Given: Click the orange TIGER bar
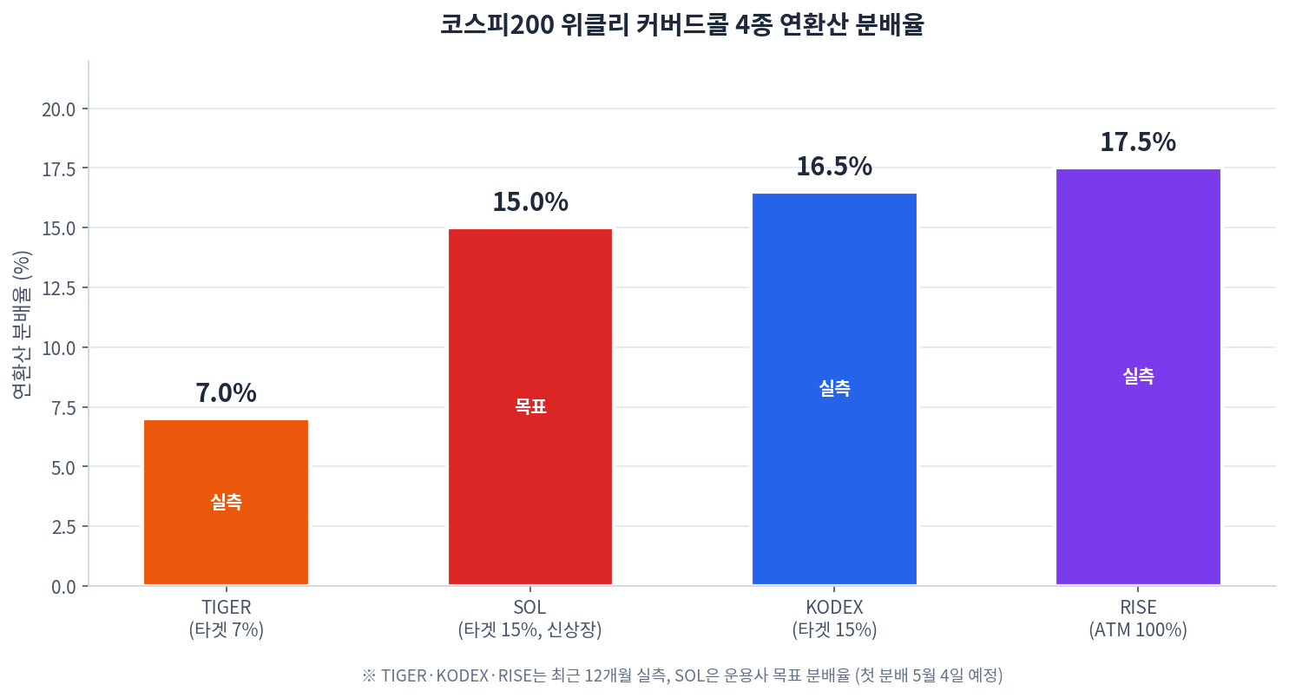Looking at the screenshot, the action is [x=227, y=503].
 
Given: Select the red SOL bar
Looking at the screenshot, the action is [x=530, y=407].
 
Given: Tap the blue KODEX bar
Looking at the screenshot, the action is [x=834, y=389].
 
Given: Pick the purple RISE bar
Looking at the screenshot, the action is [x=1138, y=377].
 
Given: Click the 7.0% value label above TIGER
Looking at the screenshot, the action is [x=227, y=393].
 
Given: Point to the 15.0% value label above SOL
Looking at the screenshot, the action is [x=530, y=202].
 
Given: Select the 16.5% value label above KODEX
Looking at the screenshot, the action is [x=834, y=167].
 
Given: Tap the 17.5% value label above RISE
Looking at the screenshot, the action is [x=1138, y=142].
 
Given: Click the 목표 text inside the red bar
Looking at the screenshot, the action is [x=530, y=407].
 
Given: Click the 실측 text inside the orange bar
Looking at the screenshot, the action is [x=227, y=503].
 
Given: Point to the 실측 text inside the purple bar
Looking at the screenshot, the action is [x=1138, y=376].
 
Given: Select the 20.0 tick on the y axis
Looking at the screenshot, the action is [x=59, y=109].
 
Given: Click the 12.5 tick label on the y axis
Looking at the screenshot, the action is [x=59, y=288].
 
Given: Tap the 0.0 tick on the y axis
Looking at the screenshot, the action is [x=63, y=587].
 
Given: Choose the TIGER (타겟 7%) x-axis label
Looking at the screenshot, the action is [x=227, y=619].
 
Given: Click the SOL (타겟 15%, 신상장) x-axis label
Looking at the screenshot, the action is [x=530, y=619].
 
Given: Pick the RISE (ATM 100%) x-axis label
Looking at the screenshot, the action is [x=1138, y=619].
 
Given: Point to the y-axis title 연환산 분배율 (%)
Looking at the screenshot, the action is [x=22, y=325].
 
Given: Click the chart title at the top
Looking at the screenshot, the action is [x=682, y=25].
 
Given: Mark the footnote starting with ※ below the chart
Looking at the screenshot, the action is [x=682, y=675].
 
